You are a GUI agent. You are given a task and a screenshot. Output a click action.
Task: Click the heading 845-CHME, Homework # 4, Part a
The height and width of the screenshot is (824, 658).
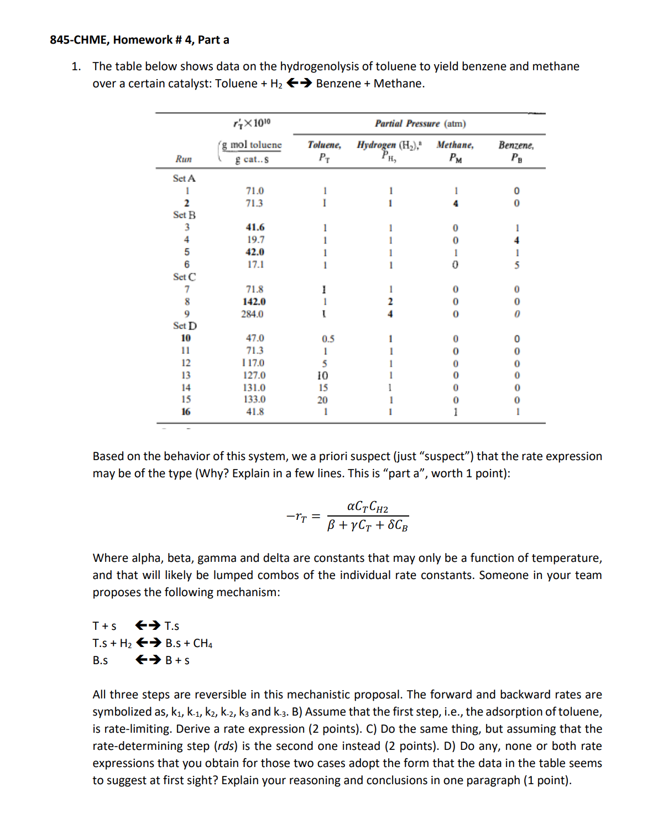pyautogui.click(x=139, y=40)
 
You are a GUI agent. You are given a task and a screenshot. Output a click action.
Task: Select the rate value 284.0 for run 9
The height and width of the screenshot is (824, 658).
pyautogui.click(x=252, y=314)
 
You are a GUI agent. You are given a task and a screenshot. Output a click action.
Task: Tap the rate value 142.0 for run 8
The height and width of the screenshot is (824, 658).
pyautogui.click(x=254, y=302)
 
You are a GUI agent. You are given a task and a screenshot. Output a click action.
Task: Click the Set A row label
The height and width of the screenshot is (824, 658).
pyautogui.click(x=184, y=179)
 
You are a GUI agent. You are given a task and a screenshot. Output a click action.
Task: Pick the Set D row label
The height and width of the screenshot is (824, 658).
pyautogui.click(x=185, y=326)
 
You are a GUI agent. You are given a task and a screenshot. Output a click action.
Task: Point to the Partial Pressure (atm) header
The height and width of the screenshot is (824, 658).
pyautogui.click(x=420, y=124)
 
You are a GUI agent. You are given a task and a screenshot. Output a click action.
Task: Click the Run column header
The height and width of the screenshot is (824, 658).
pyautogui.click(x=184, y=159)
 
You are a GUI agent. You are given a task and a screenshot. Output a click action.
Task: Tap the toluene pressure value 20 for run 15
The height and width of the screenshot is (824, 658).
pyautogui.click(x=322, y=400)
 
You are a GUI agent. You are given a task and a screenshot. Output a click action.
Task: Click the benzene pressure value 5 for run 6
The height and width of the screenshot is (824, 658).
pyautogui.click(x=516, y=265)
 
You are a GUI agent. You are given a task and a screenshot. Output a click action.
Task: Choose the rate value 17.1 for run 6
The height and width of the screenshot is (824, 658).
pyautogui.click(x=255, y=265)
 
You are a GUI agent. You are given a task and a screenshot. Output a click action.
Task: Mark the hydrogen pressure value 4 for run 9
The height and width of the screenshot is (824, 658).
pyautogui.click(x=390, y=314)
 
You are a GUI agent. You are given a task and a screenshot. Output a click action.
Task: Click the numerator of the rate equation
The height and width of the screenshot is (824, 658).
pyautogui.click(x=367, y=507)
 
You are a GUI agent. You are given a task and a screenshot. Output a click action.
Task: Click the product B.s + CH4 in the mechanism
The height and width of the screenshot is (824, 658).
pyautogui.click(x=189, y=643)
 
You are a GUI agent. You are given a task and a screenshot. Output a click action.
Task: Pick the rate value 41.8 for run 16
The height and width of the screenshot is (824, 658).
pyautogui.click(x=255, y=412)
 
